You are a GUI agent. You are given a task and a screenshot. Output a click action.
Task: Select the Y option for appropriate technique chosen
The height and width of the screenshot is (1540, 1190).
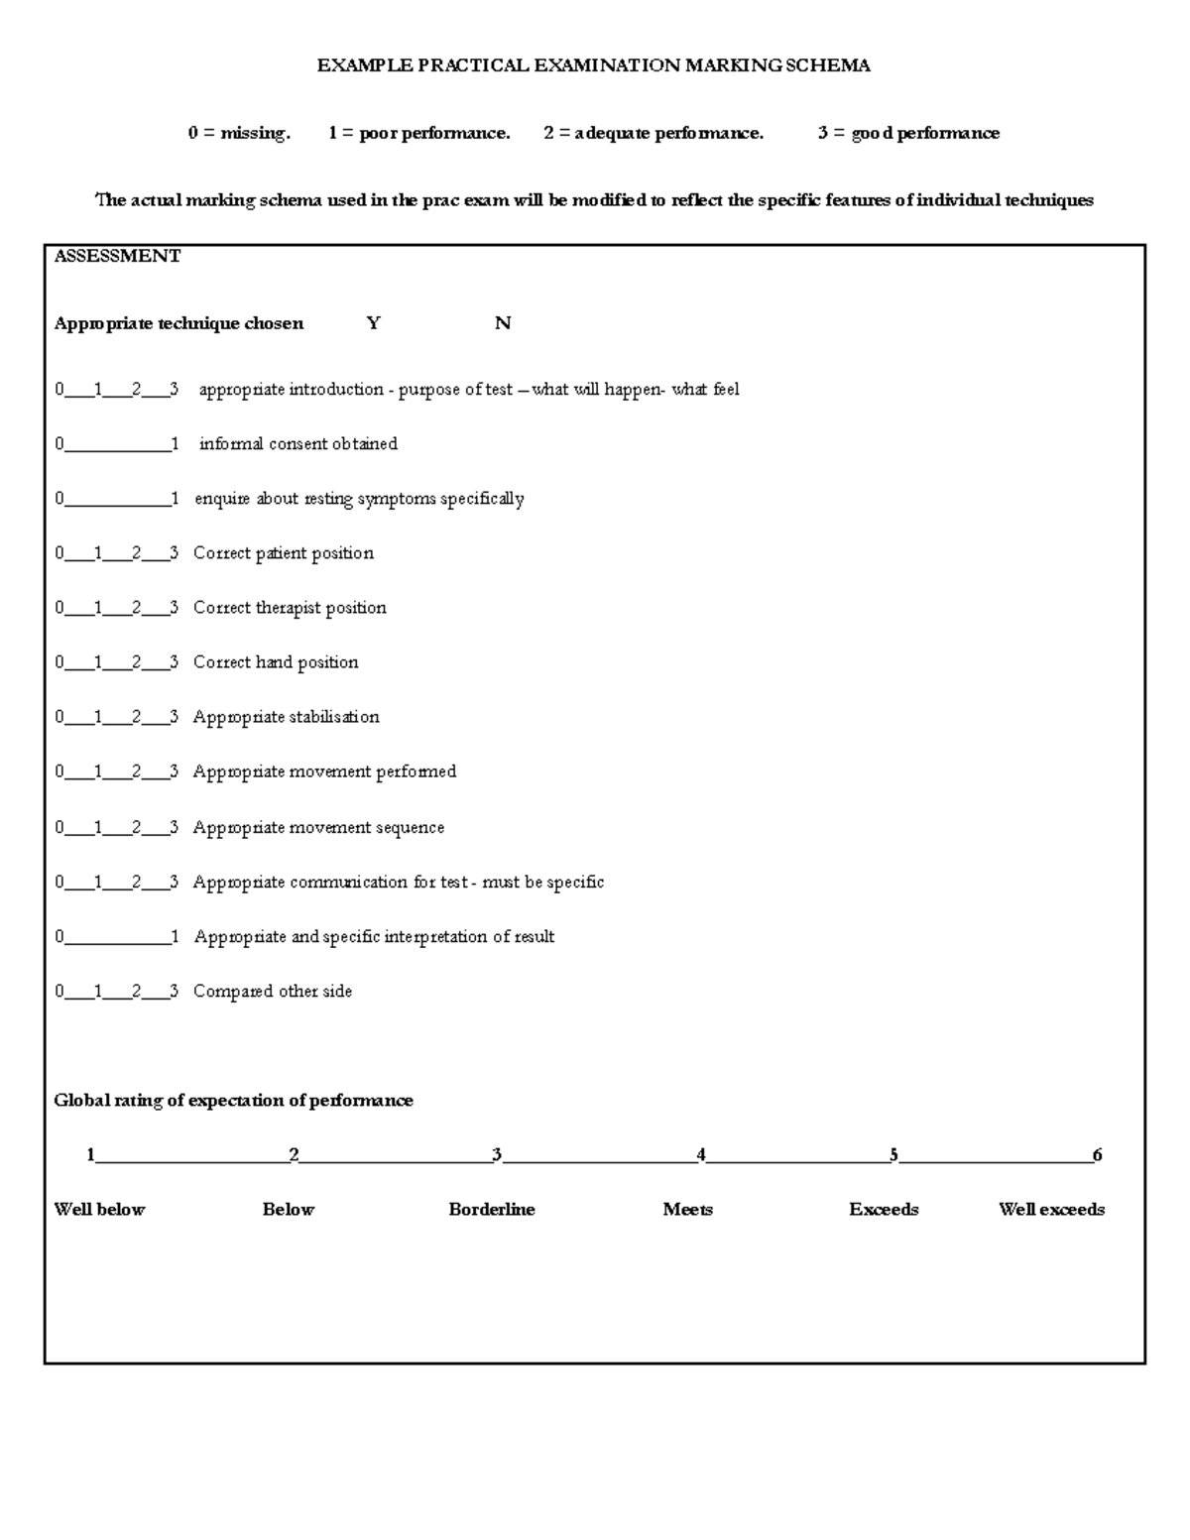[x=373, y=323]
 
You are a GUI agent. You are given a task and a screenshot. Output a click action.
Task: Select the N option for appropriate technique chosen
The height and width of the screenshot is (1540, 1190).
[x=503, y=323]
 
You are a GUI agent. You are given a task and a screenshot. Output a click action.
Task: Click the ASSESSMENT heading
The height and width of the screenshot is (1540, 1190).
[x=117, y=256]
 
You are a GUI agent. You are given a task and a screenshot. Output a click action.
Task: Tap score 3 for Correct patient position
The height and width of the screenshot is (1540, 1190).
[x=174, y=553]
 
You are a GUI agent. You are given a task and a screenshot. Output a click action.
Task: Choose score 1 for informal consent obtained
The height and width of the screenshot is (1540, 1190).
[x=175, y=444]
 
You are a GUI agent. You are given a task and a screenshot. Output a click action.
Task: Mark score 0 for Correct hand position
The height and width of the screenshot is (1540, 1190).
[x=59, y=662]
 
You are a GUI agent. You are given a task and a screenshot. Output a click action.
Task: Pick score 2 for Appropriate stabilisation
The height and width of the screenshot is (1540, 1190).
[x=136, y=717]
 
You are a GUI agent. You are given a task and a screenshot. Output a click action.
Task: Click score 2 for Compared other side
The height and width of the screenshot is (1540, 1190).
[x=136, y=992]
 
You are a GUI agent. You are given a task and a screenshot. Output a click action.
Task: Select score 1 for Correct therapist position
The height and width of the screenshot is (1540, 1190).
[x=98, y=608]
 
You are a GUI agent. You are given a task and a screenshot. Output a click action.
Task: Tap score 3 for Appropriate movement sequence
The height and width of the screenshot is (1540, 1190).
[x=174, y=828]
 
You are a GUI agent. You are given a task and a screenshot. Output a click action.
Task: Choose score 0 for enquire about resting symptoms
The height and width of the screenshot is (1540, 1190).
[x=59, y=499]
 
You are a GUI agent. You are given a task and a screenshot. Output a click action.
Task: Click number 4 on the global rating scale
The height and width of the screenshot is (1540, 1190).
[x=701, y=1155]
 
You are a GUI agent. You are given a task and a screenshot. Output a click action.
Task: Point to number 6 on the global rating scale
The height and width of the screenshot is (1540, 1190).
[x=1097, y=1155]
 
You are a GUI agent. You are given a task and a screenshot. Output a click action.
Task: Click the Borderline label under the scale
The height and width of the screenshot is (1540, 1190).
[x=492, y=1210]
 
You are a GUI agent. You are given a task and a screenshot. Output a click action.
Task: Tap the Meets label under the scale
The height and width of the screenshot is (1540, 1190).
[x=688, y=1210]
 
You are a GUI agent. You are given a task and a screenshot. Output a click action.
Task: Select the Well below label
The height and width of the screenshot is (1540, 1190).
[x=99, y=1210]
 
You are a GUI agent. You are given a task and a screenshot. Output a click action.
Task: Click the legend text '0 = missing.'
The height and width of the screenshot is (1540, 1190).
[x=239, y=133]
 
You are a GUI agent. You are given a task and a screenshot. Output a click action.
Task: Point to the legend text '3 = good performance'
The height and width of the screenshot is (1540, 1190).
[x=908, y=133]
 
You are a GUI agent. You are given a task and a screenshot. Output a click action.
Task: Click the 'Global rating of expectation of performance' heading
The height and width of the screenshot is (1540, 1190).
[x=233, y=1101]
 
